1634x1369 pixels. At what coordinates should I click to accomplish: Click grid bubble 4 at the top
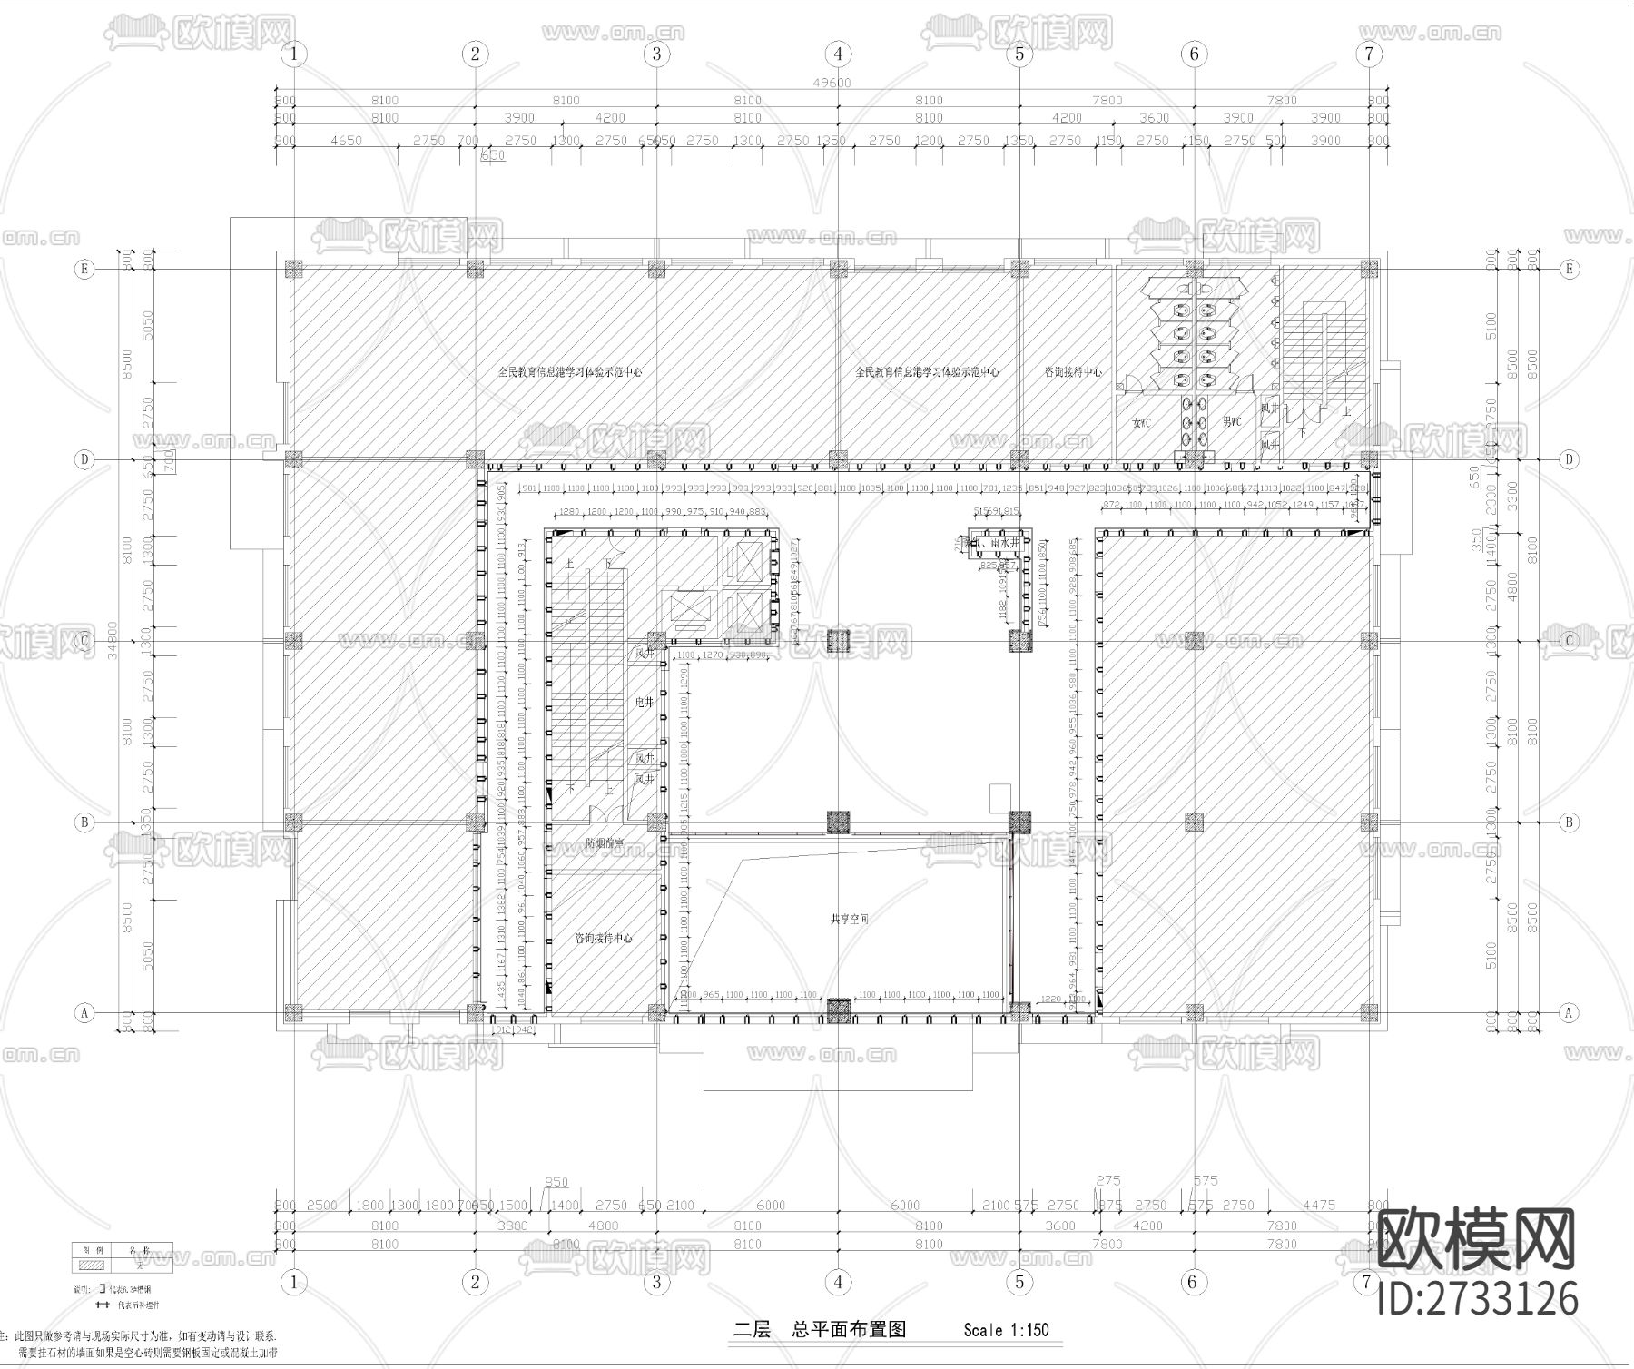click(838, 54)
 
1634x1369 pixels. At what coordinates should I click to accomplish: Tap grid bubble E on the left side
click(84, 269)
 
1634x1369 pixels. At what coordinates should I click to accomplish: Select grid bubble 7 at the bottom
click(1366, 1282)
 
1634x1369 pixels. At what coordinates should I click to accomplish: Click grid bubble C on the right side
click(1570, 641)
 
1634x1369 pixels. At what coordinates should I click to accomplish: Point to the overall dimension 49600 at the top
click(832, 83)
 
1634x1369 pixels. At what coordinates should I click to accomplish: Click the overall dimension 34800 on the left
click(112, 641)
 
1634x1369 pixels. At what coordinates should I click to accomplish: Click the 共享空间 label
click(849, 919)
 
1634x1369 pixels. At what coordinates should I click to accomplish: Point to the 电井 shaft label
click(644, 702)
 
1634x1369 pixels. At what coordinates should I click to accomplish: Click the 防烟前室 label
click(604, 843)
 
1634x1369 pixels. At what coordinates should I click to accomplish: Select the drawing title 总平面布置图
click(849, 1330)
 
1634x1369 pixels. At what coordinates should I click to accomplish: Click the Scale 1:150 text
click(1006, 1330)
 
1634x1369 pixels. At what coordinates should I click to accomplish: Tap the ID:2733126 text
click(1478, 1298)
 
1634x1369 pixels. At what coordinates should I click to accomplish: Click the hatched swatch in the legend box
click(92, 1263)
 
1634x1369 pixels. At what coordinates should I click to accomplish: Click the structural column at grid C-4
click(838, 641)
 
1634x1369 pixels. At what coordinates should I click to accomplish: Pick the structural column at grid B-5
click(1020, 822)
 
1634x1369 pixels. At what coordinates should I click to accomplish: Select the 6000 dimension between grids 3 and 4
click(770, 1205)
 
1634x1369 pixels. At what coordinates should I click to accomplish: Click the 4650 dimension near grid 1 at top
click(346, 141)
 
